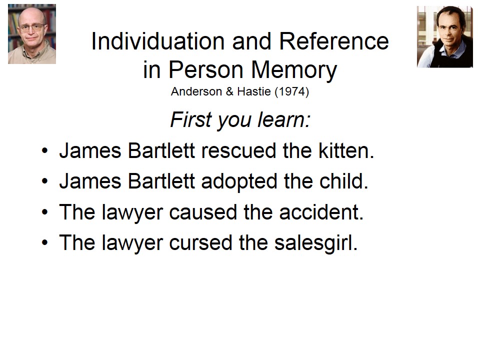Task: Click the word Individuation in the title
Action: pos(158,41)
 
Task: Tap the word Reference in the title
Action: pos(334,41)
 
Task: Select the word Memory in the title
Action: pos(294,70)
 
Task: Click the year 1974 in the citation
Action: pos(291,91)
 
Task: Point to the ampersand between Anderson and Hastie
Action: pos(229,91)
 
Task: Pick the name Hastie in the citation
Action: pos(254,91)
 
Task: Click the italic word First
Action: pos(191,119)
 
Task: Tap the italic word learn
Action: pos(284,119)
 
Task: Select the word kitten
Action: pos(346,150)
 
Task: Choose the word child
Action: pos(343,181)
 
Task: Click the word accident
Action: pos(321,212)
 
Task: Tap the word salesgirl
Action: pos(315,242)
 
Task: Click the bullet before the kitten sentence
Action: pos(44,150)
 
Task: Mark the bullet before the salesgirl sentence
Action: pos(44,242)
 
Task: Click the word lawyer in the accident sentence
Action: pos(132,212)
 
